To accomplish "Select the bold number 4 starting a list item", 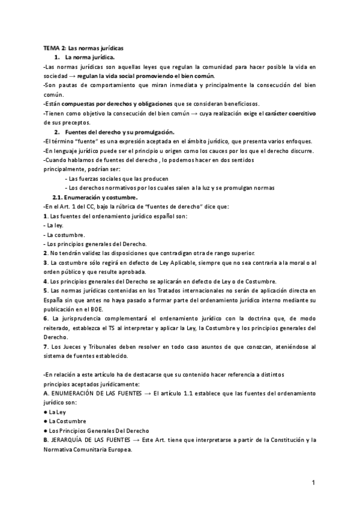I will click(x=45, y=282).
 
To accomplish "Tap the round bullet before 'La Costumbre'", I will click(x=46, y=421).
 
